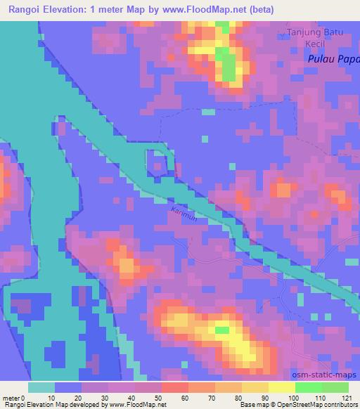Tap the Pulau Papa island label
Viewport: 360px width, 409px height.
click(333, 60)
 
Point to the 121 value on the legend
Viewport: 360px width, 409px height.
click(347, 397)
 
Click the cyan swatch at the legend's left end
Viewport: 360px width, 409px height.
click(41, 387)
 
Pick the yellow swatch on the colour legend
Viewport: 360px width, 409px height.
click(281, 387)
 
